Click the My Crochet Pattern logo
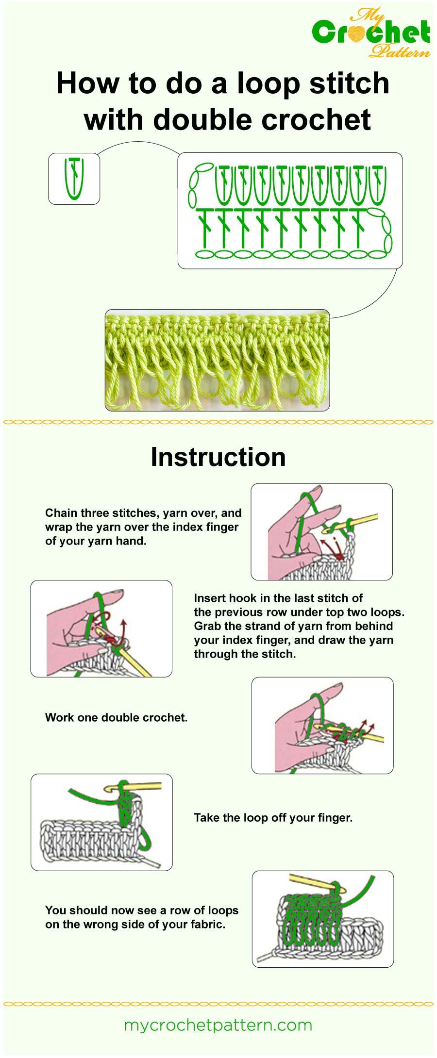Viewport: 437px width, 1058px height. click(x=371, y=33)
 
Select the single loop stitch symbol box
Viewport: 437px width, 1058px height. click(x=74, y=179)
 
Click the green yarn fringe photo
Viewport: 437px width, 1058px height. click(x=217, y=360)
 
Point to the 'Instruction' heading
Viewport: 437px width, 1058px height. click(x=218, y=457)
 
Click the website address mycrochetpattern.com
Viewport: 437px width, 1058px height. click(x=218, y=1025)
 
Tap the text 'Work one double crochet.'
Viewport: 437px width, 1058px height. click(x=116, y=717)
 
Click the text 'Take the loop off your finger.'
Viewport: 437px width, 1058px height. click(x=273, y=817)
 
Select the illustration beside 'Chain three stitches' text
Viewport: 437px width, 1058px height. click(x=321, y=531)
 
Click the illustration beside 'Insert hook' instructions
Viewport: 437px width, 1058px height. click(x=101, y=628)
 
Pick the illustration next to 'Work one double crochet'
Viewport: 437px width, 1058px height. click(x=322, y=725)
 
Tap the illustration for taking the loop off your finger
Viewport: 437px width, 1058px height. click(x=101, y=822)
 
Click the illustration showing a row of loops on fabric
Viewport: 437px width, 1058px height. click(x=322, y=918)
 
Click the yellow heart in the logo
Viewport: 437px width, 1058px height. click(x=357, y=33)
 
